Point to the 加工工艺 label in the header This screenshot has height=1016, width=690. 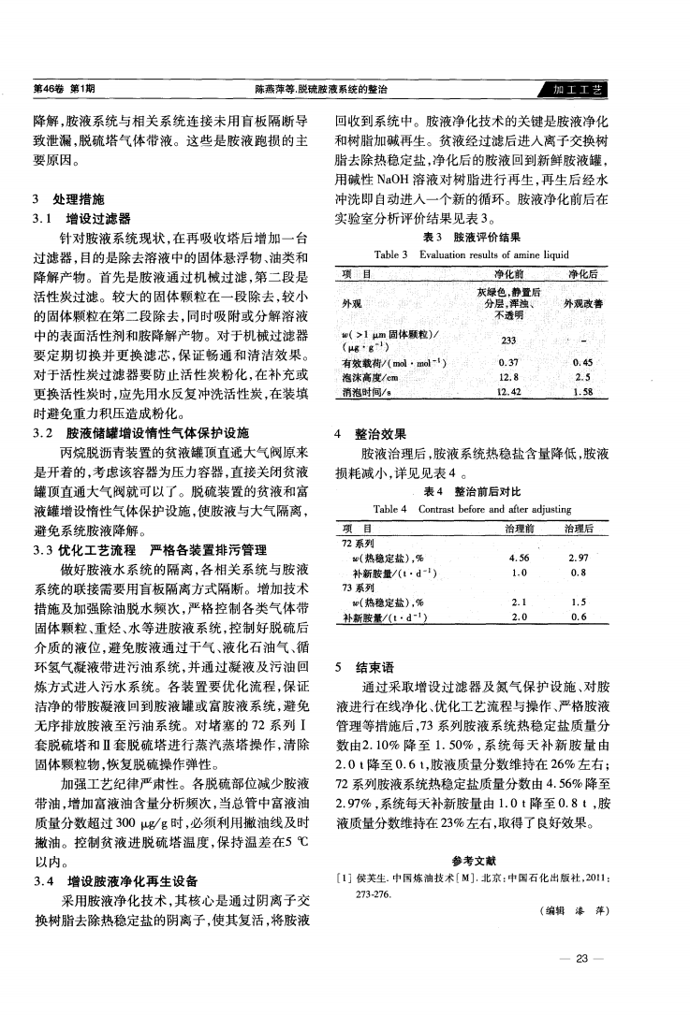coord(577,90)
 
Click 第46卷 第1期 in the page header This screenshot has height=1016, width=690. coord(57,90)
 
